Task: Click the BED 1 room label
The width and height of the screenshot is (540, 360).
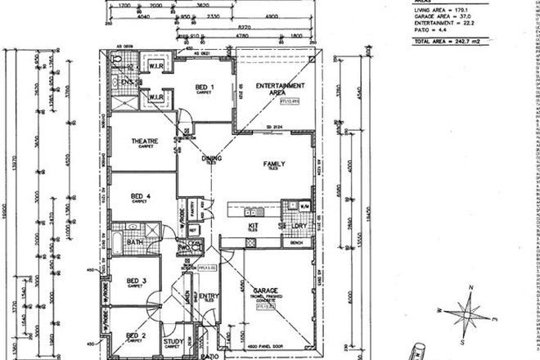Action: (205, 88)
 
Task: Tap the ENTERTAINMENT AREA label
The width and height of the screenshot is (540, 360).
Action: (280, 88)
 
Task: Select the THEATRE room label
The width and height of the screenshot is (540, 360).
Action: (145, 142)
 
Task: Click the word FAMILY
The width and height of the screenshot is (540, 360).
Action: (273, 164)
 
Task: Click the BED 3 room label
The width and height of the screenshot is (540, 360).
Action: (137, 282)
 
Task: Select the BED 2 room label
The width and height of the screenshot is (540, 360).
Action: (137, 335)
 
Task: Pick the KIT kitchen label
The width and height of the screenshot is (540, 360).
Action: (254, 226)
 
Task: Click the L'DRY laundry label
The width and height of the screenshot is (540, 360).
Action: (298, 226)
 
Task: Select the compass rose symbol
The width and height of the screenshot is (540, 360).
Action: (470, 310)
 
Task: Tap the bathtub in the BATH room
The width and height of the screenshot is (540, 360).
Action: (118, 241)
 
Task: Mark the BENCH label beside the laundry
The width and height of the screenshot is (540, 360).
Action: (295, 243)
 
